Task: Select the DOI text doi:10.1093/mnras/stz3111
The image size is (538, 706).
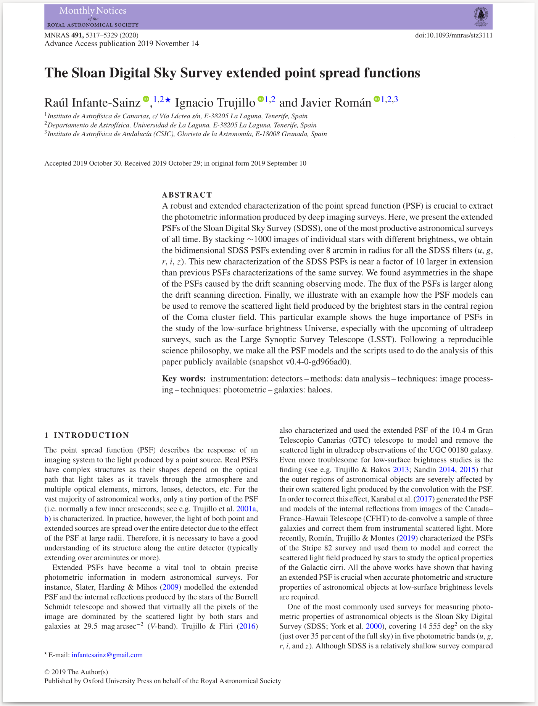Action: click(454, 35)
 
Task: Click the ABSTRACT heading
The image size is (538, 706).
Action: click(187, 195)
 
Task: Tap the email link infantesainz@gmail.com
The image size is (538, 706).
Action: click(107, 655)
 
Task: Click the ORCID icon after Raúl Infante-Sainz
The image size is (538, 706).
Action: click(146, 99)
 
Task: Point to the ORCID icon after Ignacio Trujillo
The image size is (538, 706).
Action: click(261, 99)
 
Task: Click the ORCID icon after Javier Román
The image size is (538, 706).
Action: click(377, 99)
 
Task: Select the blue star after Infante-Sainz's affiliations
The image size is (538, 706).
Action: click(168, 100)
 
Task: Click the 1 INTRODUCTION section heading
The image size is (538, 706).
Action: click(87, 435)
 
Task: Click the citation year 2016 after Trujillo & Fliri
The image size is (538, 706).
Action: click(250, 626)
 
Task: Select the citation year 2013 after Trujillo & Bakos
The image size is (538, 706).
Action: click(401, 469)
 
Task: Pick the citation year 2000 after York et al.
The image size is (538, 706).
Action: click(373, 626)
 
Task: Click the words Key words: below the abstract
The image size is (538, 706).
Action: click(184, 379)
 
